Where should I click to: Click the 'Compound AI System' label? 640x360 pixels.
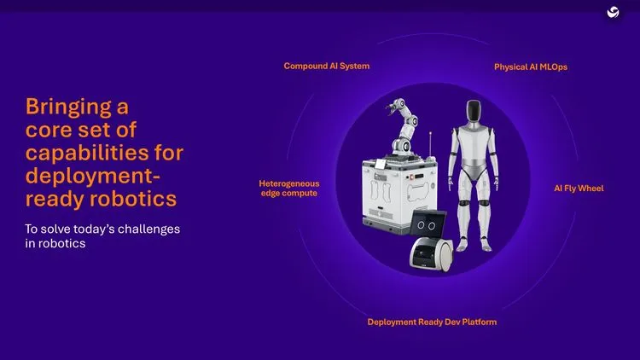[x=327, y=66]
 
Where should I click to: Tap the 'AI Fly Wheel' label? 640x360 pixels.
[x=579, y=188]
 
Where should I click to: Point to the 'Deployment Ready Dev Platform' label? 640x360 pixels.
[x=432, y=322]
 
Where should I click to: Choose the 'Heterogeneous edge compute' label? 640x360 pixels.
[x=288, y=188]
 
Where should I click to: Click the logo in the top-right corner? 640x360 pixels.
[x=612, y=12]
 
